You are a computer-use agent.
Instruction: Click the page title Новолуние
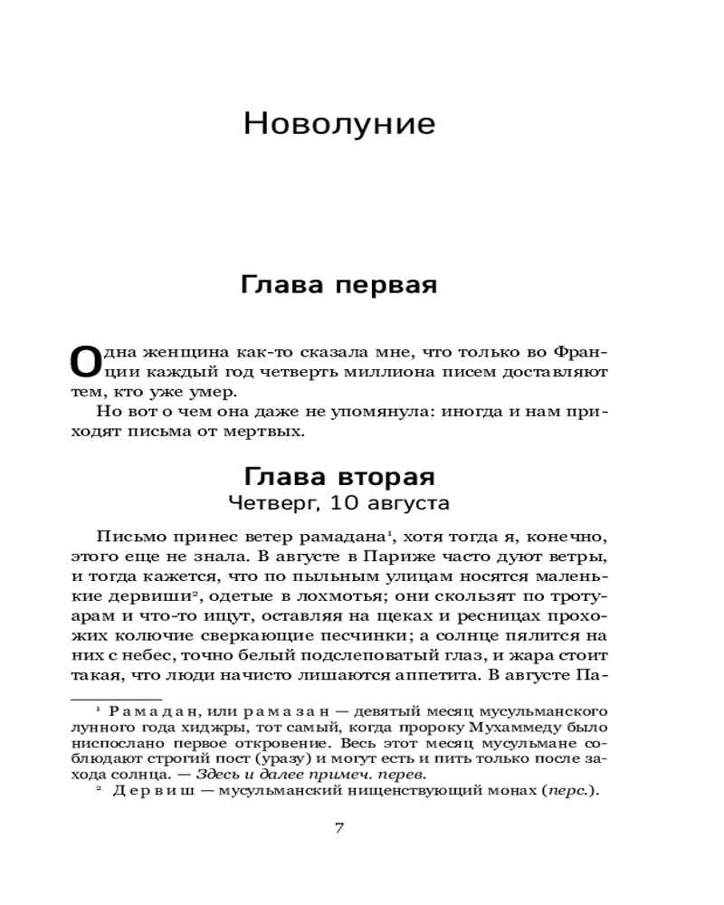(x=339, y=124)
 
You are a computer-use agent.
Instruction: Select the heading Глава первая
(x=339, y=286)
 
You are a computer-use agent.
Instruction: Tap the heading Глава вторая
(x=339, y=477)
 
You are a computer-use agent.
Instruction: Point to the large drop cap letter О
(x=82, y=360)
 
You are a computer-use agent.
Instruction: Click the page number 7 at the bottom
(x=339, y=827)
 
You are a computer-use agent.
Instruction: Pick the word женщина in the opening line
(x=175, y=351)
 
